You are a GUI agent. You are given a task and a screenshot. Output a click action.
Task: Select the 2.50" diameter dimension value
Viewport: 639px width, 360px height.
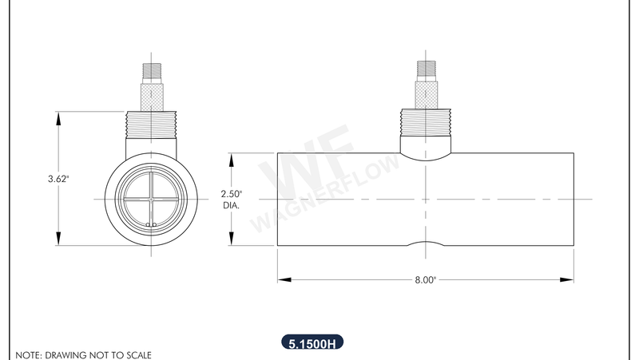[231, 194]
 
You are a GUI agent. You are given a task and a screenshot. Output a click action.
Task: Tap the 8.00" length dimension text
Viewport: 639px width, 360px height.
[425, 280]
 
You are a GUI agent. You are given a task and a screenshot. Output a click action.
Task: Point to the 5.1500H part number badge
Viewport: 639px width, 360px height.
[312, 344]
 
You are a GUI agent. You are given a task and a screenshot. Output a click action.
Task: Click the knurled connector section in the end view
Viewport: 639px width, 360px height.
[151, 96]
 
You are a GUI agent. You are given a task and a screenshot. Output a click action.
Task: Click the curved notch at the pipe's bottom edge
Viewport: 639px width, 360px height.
[425, 243]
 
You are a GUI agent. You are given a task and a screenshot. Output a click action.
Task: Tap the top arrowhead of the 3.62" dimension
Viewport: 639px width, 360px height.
[58, 117]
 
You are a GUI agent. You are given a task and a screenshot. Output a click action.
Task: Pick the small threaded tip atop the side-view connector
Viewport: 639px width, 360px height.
[425, 69]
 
